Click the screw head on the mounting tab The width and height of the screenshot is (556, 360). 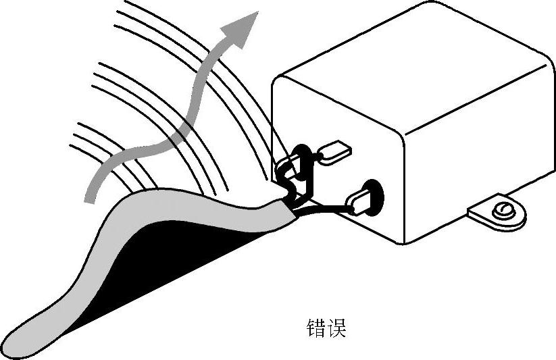coord(503,211)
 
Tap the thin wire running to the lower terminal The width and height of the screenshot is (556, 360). coord(324,209)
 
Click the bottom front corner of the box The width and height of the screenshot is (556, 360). coord(403,241)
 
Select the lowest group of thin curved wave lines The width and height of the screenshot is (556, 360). coord(108,152)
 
